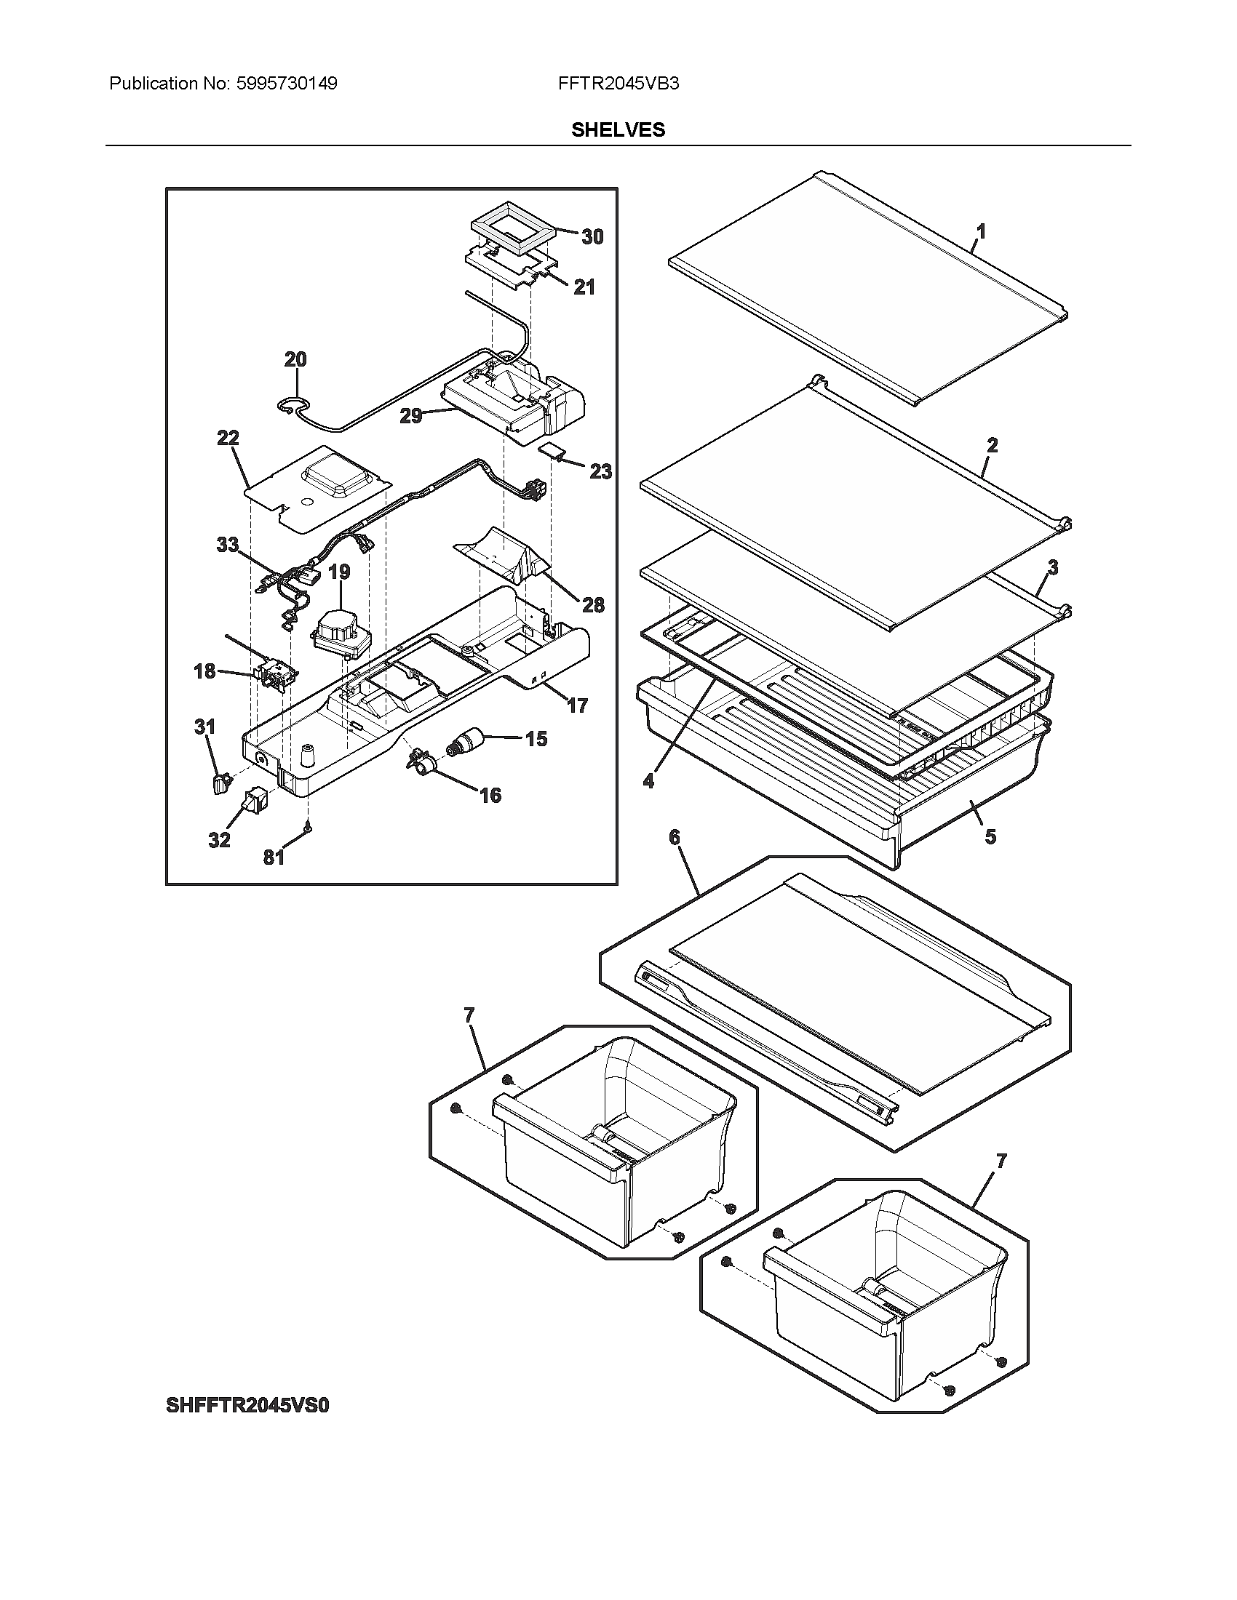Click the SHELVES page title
(x=618, y=129)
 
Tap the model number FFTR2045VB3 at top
(x=618, y=84)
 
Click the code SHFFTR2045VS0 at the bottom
(x=247, y=1406)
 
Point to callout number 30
(x=592, y=236)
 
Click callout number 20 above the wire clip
(x=295, y=359)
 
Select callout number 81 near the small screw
(x=274, y=857)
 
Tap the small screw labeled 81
(x=309, y=827)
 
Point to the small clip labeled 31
(x=219, y=784)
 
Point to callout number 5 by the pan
(x=990, y=836)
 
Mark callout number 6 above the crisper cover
(x=675, y=836)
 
